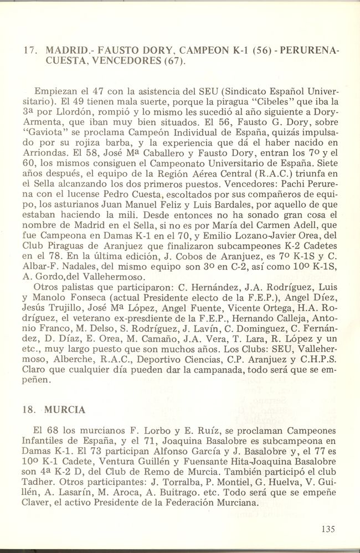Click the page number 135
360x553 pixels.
click(327, 529)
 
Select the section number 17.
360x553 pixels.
click(29, 50)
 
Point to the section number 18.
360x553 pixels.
click(29, 410)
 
